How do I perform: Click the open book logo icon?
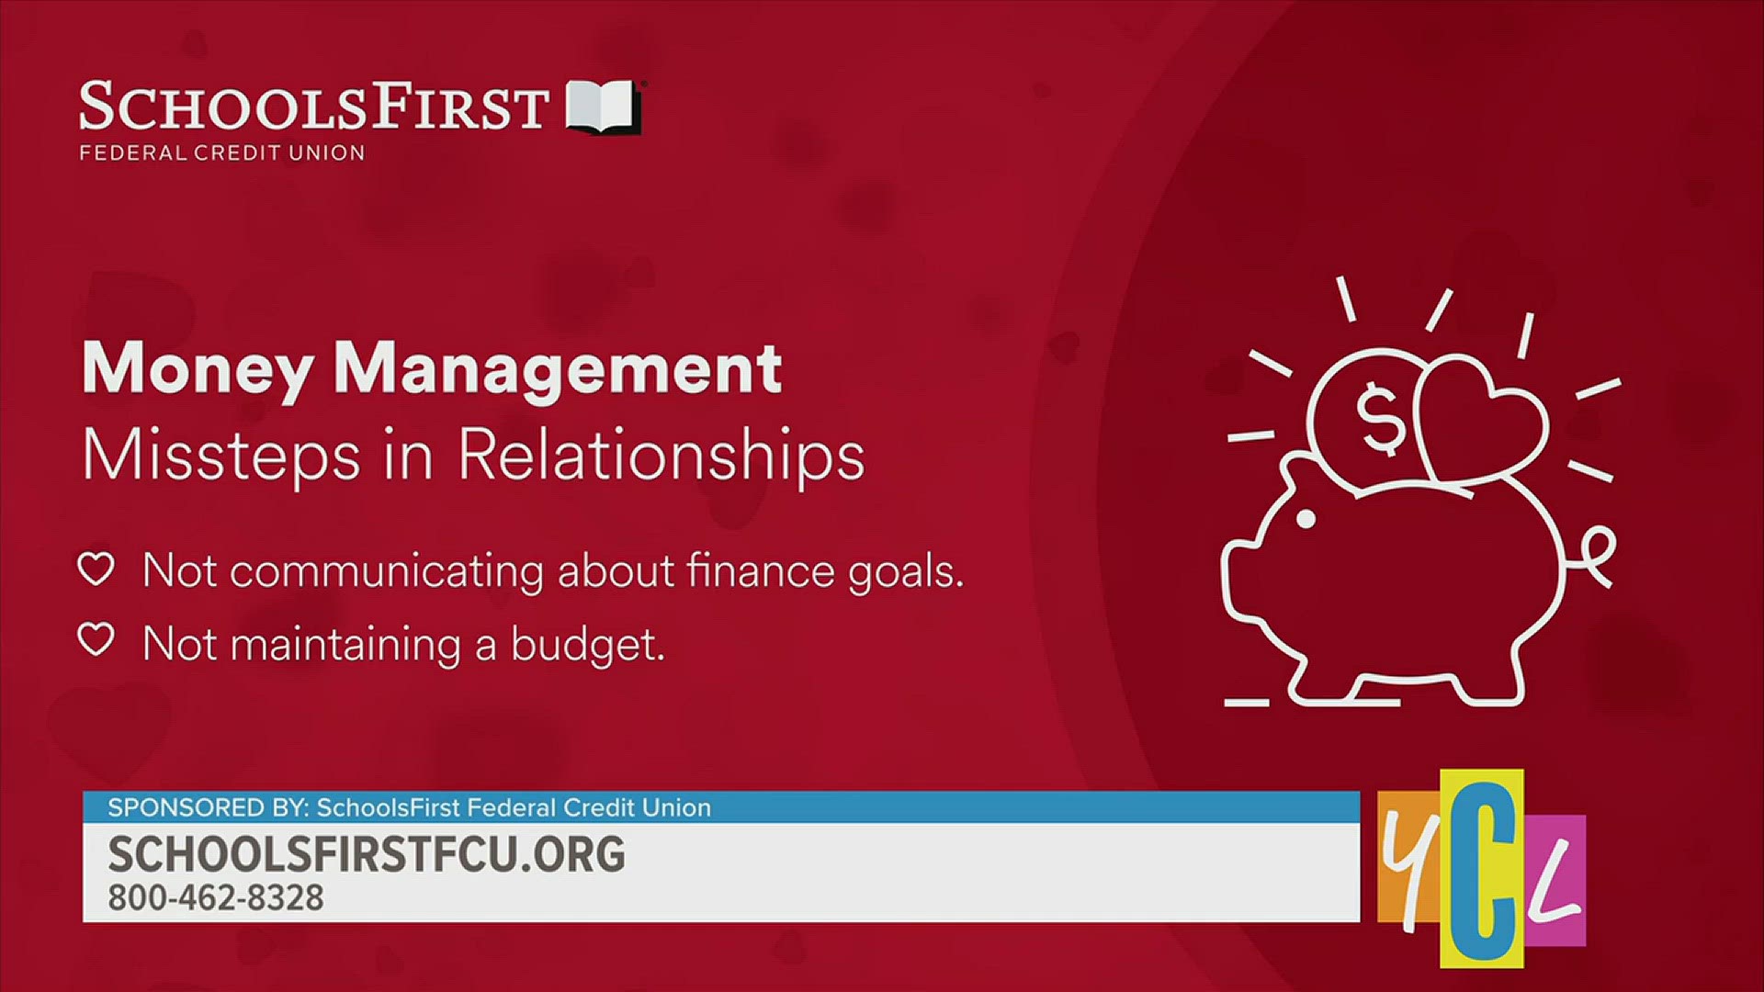[603, 107]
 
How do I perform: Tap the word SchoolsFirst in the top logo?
[314, 107]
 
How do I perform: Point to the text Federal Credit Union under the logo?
[222, 152]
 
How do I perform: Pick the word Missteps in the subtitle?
[220, 455]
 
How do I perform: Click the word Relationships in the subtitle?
[661, 455]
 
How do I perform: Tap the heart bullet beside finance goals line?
[96, 569]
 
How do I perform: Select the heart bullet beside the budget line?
[96, 640]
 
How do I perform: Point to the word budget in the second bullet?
[587, 645]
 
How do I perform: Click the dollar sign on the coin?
[1380, 418]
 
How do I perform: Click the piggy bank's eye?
[1305, 520]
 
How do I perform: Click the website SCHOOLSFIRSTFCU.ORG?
[367, 854]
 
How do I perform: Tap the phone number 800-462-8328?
[216, 897]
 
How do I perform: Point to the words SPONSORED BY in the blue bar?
[206, 807]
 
